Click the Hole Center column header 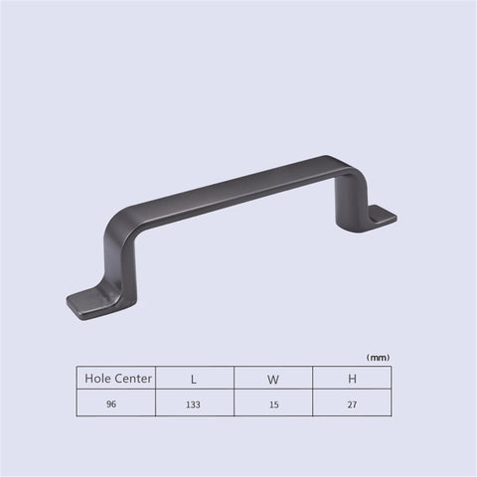click(118, 378)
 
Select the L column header click(194, 380)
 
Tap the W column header click(273, 380)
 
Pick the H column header click(352, 379)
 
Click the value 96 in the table click(111, 404)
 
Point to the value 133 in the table click(193, 404)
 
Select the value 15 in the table click(274, 404)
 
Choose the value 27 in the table click(352, 404)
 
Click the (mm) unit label click(378, 358)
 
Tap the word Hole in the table click(98, 378)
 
